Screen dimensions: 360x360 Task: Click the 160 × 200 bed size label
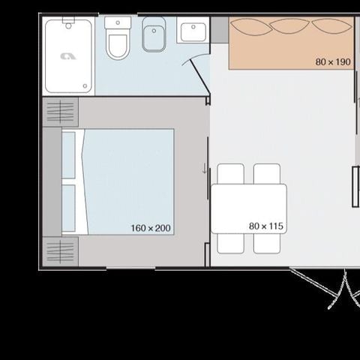pos(151,228)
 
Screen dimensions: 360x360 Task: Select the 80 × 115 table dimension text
pos(265,225)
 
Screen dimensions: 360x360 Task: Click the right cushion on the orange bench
pos(328,27)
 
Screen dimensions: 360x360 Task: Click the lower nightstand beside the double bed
pos(61,250)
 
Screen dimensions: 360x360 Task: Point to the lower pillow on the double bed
pos(69,208)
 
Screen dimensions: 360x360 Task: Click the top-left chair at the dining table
pos(231,174)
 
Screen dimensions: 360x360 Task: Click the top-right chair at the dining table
pos(266,174)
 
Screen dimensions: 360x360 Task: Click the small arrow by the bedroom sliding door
pos(205,169)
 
